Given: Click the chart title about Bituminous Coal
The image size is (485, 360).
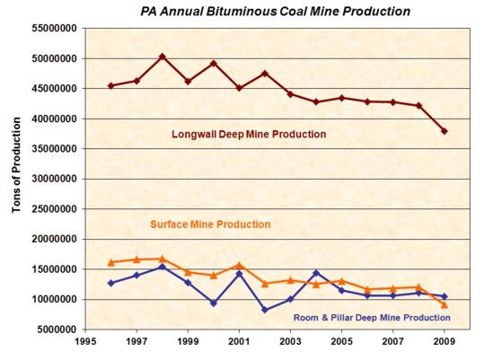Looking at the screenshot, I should pos(262,12).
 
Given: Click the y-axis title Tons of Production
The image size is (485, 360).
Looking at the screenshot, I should pos(15,179).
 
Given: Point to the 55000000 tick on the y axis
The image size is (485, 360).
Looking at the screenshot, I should pos(56,29).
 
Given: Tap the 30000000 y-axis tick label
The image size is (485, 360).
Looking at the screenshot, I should pos(56,179).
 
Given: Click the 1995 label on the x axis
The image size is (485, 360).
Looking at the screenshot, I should pos(85,343).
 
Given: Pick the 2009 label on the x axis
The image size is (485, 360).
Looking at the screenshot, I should pos(444,343).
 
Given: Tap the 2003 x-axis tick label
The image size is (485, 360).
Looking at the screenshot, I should pos(290,343).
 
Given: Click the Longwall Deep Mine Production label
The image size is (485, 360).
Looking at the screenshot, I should pos(249,135).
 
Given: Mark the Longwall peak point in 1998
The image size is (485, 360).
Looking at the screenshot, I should pos(163,57).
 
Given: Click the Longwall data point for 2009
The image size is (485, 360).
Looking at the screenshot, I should pos(444,131).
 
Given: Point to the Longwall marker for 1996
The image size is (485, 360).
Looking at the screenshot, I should pos(111,85).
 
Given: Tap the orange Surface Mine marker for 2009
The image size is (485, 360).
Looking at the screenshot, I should pos(444,304).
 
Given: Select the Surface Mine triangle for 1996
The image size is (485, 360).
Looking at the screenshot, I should pos(111,262).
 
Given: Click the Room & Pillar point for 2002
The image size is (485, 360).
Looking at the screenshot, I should pos(265,310).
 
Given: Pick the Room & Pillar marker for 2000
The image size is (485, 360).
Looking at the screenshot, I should pos(214,303).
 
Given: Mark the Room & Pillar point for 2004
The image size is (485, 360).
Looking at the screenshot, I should pos(316,273).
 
